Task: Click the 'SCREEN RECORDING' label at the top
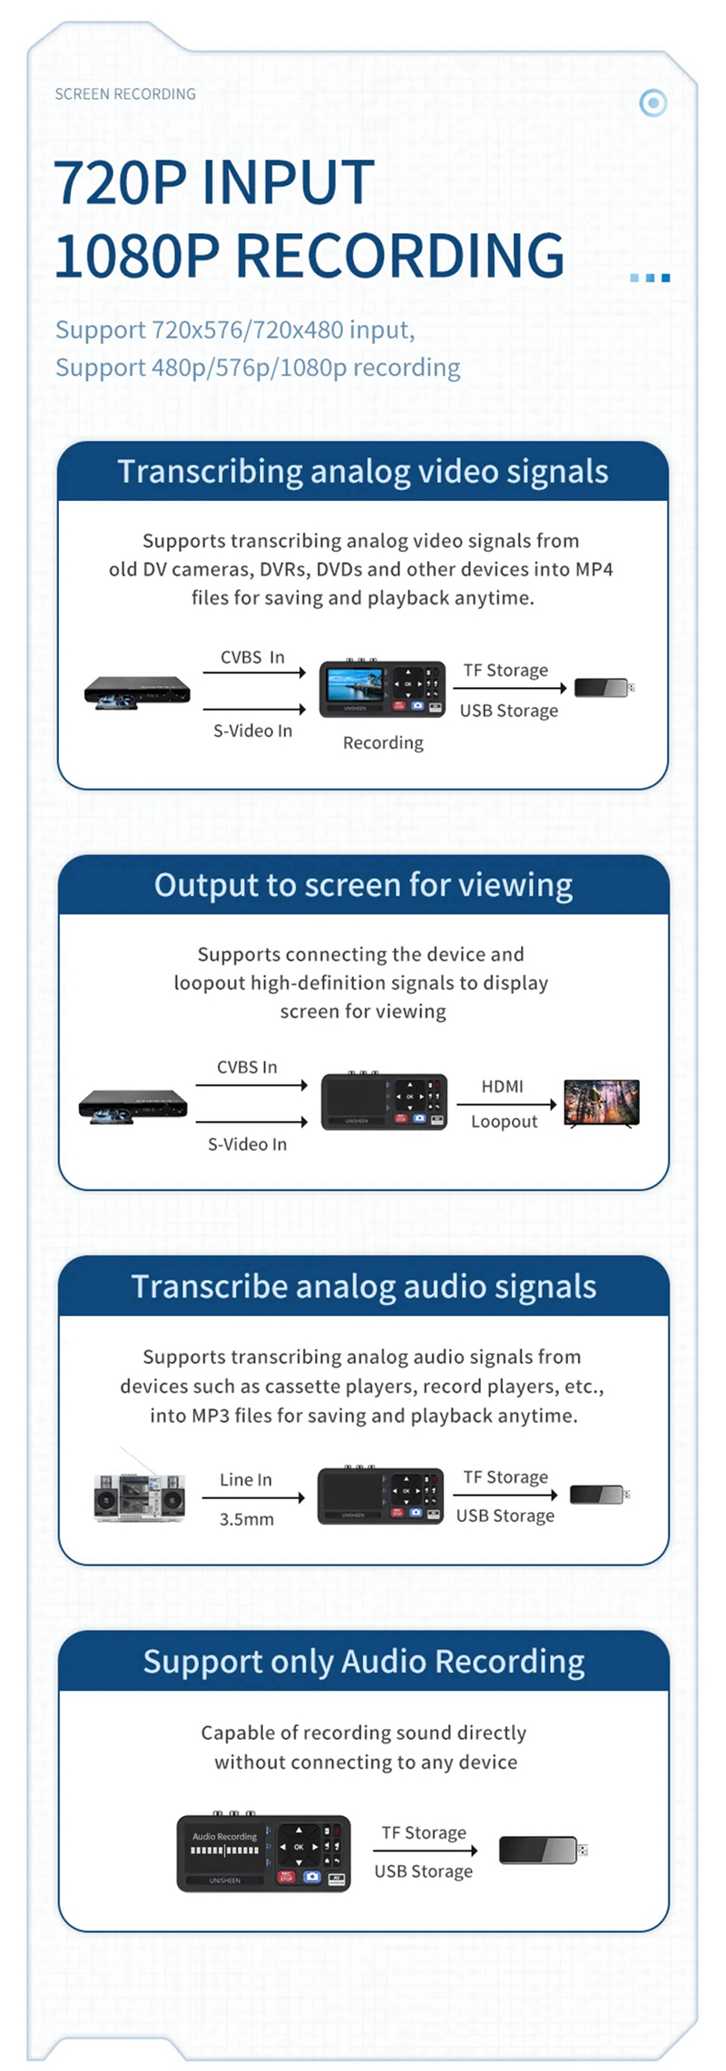click(125, 94)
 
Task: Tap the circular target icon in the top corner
click(652, 103)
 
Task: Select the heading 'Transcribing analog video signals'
click(363, 472)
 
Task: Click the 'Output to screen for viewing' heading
click(363, 885)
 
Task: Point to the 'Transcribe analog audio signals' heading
click(364, 1287)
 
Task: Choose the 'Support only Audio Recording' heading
click(364, 1662)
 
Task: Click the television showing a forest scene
click(602, 1103)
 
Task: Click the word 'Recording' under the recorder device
click(383, 743)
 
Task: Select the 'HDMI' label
click(502, 1086)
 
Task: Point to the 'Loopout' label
click(505, 1122)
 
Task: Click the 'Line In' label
click(245, 1479)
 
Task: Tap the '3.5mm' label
click(247, 1519)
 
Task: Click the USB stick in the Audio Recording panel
click(544, 1850)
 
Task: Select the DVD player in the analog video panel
click(137, 692)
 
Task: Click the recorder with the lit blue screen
click(382, 688)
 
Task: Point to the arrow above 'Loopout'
click(506, 1104)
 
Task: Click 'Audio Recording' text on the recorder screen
click(224, 1837)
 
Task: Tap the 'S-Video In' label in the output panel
click(247, 1144)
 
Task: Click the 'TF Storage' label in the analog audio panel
click(505, 1477)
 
